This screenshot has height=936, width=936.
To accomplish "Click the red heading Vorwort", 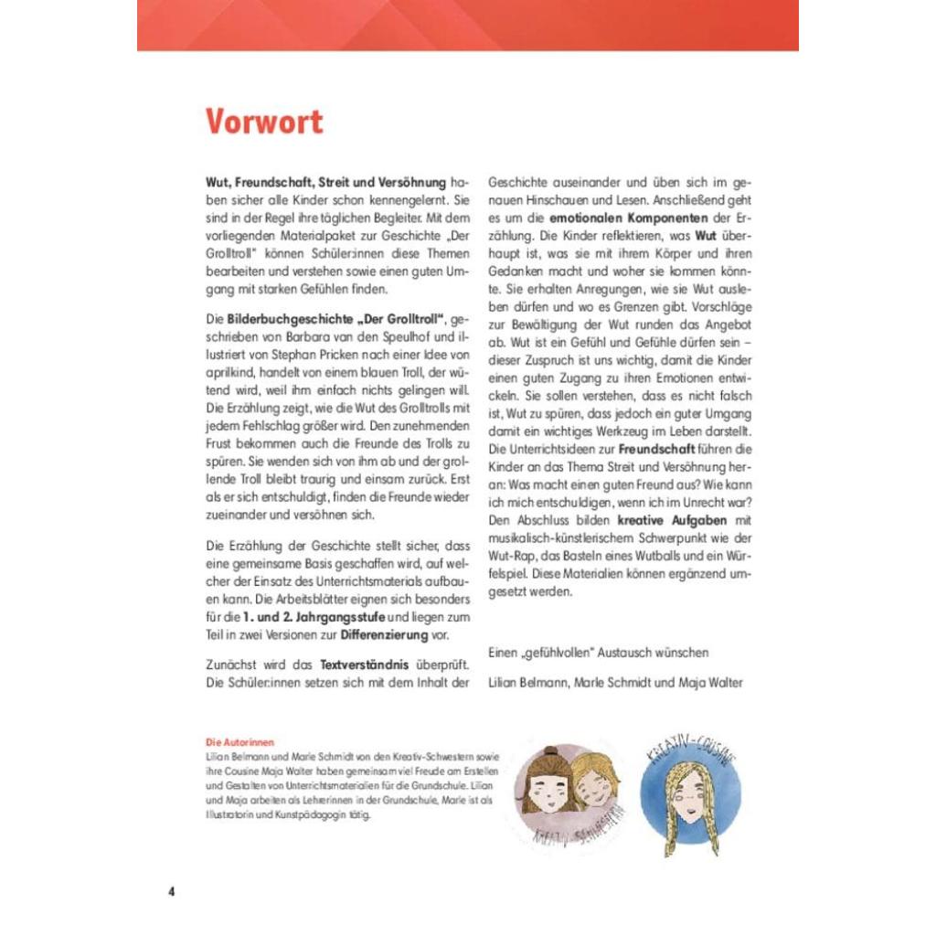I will pyautogui.click(x=264, y=122).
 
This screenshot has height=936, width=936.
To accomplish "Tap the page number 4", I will pyautogui.click(x=171, y=891).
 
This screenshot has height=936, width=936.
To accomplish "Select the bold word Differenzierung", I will pyautogui.click(x=393, y=635).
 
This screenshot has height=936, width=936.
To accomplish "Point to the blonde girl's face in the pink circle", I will pyautogui.click(x=594, y=782).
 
